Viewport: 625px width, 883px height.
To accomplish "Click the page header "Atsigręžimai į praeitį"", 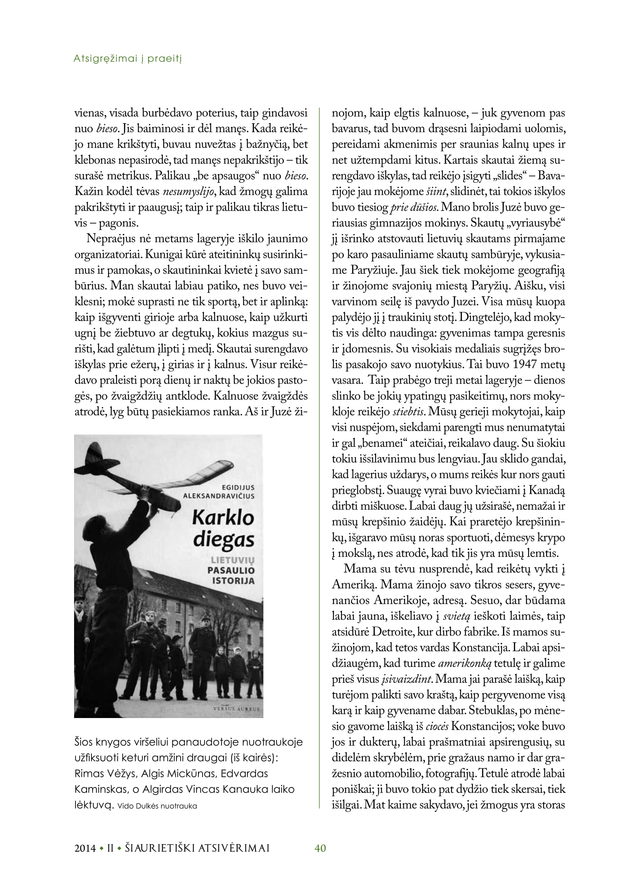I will coord(127,59).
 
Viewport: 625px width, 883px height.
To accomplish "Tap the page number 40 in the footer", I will coord(320,848).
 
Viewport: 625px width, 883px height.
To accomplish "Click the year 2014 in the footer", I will coord(85,848).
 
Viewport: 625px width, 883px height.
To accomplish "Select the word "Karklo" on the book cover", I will coord(223,518).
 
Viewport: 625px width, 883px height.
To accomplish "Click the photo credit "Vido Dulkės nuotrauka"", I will coord(157,806).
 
